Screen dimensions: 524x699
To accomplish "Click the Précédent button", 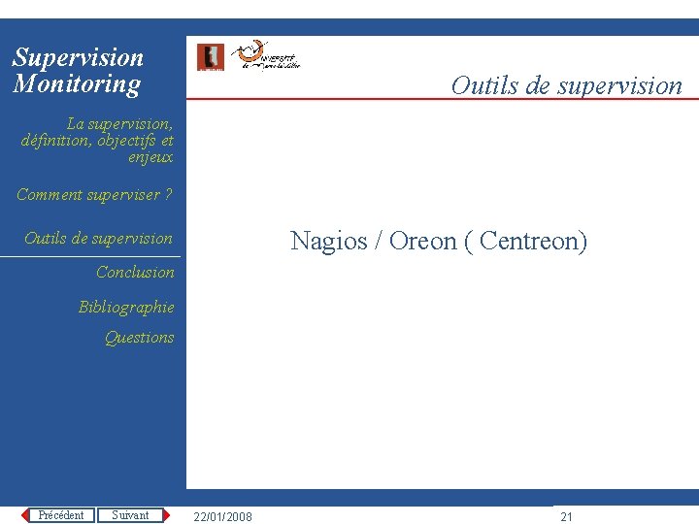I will [x=60, y=515].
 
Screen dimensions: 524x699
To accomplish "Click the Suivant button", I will [x=130, y=515].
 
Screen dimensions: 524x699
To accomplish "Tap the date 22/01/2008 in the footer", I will [x=222, y=517].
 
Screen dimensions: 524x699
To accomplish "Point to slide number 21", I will [x=567, y=517].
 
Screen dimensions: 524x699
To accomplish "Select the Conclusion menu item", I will [x=135, y=273].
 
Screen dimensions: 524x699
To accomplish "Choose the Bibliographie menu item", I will [x=126, y=308].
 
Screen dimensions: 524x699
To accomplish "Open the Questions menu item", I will [x=139, y=338].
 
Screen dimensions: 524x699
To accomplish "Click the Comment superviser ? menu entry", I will [x=94, y=195].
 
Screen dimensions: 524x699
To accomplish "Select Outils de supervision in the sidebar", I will [x=98, y=239].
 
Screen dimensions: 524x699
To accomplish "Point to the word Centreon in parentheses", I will [x=529, y=241].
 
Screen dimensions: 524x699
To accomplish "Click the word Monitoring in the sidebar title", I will [x=77, y=84].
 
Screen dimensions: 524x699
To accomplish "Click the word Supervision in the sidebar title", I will [x=78, y=58].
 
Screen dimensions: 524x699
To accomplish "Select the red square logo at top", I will [x=210, y=57].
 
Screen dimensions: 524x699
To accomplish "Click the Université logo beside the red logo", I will [x=269, y=57].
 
